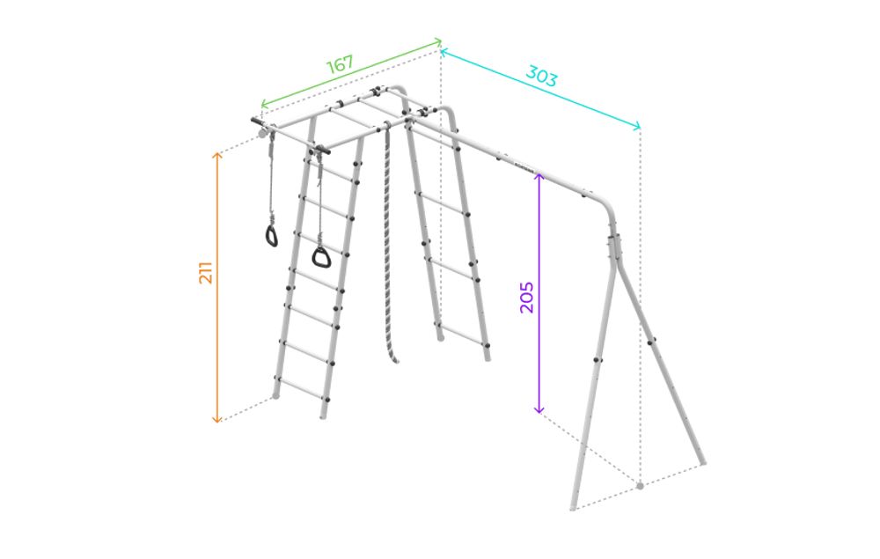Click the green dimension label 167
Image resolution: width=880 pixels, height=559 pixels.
340,64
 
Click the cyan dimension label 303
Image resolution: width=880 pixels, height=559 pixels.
541,76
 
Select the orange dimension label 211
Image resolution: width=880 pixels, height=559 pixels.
206,272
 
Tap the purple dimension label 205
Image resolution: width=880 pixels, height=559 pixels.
526,298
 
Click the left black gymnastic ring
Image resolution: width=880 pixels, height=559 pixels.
272,236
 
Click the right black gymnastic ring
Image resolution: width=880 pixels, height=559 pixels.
321,257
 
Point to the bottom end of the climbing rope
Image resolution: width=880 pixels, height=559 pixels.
395,360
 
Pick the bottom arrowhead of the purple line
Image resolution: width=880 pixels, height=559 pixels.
539,411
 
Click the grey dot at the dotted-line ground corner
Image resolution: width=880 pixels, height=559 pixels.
640,485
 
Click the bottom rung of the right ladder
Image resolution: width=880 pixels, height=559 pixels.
461,334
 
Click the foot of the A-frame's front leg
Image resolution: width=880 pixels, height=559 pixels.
573,506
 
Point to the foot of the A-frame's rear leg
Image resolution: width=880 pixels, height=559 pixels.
702,461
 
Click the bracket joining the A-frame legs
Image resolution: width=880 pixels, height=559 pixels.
616,247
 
